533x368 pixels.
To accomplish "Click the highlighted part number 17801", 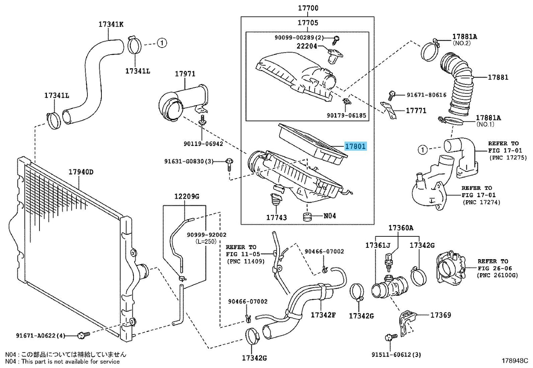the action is click(x=356, y=146).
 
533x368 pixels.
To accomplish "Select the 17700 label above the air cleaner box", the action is click(x=308, y=8).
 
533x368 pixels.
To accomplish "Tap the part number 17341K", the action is click(x=111, y=24).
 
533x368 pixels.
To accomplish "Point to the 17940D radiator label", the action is click(x=81, y=172).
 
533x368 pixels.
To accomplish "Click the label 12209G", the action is click(x=187, y=197).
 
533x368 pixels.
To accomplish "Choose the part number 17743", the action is click(x=276, y=218).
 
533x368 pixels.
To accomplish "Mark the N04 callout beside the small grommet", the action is click(x=329, y=216).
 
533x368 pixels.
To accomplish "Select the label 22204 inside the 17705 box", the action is click(x=307, y=46).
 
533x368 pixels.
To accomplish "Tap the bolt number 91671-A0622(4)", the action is click(x=41, y=336).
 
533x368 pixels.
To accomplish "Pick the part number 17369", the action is click(x=441, y=315).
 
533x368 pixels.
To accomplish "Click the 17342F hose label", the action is click(x=323, y=315).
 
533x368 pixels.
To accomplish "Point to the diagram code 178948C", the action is click(x=515, y=361).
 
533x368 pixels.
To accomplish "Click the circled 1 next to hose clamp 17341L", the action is click(x=162, y=43).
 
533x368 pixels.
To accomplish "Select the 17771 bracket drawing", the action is click(x=388, y=110).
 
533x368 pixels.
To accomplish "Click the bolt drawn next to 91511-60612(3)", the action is click(x=391, y=337).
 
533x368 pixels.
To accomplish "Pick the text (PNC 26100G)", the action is click(x=498, y=275).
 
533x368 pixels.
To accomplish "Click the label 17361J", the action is click(x=378, y=245).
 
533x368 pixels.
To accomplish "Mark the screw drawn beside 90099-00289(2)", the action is click(x=336, y=40).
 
